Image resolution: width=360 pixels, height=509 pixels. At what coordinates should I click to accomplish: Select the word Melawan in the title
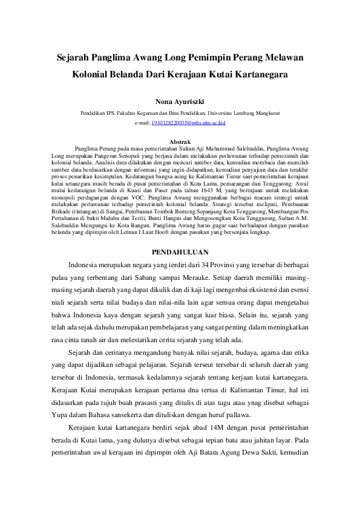click(284, 57)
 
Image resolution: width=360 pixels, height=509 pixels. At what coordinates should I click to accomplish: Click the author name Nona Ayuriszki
click(180, 101)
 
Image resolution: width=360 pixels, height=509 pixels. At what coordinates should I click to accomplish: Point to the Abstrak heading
click(180, 141)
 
